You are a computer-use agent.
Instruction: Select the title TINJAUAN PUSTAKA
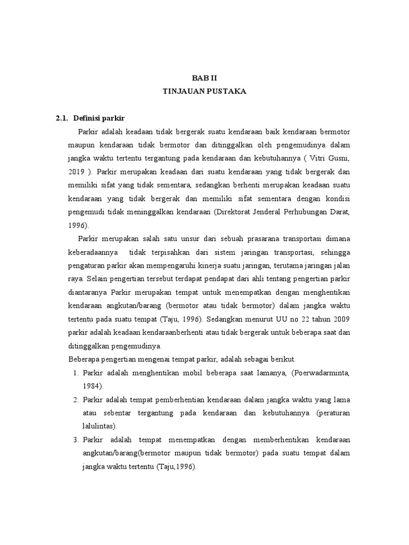204,92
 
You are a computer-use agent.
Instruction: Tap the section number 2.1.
62,118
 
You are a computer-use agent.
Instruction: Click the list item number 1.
76,373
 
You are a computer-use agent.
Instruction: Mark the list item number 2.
76,400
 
